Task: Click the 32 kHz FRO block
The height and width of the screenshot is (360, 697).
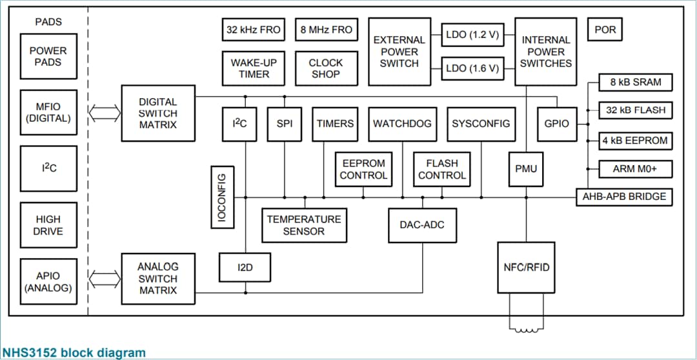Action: click(x=253, y=30)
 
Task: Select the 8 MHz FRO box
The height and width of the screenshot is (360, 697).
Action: click(x=327, y=30)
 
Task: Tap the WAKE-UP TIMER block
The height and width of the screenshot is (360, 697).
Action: click(x=253, y=68)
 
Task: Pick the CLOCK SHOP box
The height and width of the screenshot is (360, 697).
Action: click(x=326, y=68)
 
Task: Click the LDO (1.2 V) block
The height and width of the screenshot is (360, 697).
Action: click(x=472, y=35)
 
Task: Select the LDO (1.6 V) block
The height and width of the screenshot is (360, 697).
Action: click(x=472, y=68)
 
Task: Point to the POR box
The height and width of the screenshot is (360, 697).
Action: click(x=605, y=30)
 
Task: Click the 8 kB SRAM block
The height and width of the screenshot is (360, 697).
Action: click(x=631, y=82)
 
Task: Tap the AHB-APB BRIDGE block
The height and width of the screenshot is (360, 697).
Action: click(x=624, y=196)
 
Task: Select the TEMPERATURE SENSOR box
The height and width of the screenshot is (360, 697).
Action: click(x=303, y=225)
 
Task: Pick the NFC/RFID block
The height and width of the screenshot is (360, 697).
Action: click(x=526, y=266)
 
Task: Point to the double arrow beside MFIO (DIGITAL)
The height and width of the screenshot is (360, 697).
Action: click(x=104, y=113)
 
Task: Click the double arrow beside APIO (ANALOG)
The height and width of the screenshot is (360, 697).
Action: click(x=104, y=279)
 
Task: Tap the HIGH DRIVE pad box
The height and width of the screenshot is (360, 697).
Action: click(x=48, y=225)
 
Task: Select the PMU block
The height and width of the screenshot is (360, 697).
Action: click(x=526, y=169)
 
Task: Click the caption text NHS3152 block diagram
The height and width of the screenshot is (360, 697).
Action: click(x=74, y=352)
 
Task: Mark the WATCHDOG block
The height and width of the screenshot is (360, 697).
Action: click(x=402, y=124)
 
